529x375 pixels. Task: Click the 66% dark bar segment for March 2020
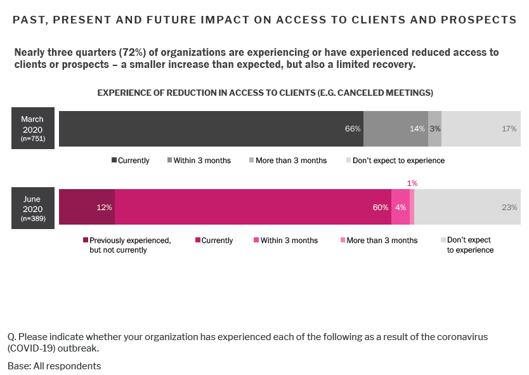pos(211,128)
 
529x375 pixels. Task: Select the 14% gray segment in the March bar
pos(395,128)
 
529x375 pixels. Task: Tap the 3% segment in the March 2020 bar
pos(434,128)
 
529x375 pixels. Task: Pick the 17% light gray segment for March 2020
pos(480,128)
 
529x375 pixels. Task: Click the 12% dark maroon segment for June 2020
pos(87,207)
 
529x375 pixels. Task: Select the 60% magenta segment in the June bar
pos(252,207)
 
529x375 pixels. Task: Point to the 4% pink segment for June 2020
pos(400,207)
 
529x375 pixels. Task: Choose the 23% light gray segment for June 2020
pos(467,207)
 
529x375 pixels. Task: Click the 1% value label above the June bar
pos(412,183)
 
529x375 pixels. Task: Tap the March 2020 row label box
pos(32,128)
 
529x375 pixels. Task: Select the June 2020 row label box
pos(32,207)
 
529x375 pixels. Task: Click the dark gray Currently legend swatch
pos(114,161)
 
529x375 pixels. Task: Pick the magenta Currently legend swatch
pos(198,240)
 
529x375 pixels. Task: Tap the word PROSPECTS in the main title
pos(478,20)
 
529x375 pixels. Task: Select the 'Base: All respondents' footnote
pos(54,366)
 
